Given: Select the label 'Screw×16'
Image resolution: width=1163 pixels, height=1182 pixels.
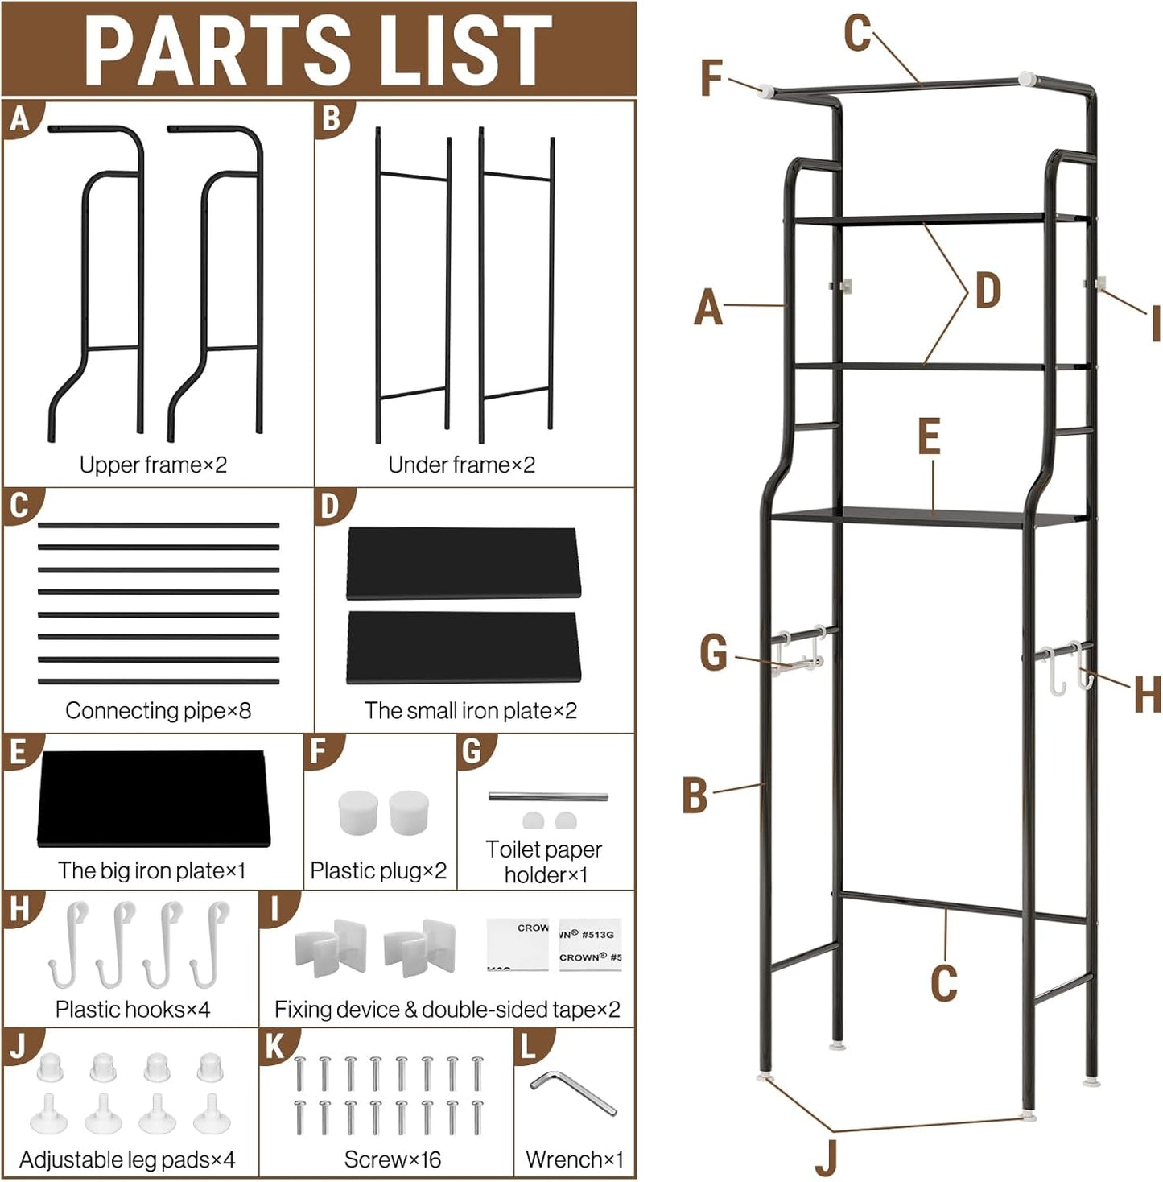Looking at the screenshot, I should click(392, 1159).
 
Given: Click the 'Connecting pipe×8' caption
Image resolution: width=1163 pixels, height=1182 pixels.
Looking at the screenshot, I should click(158, 710).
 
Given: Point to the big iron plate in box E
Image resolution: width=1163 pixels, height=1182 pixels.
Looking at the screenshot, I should click(153, 798).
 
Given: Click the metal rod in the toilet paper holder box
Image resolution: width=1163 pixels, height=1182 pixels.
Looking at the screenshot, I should click(547, 797).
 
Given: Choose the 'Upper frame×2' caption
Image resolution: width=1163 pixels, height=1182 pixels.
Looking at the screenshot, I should click(153, 465).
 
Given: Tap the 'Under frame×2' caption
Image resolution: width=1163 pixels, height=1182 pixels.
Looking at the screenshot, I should click(461, 465).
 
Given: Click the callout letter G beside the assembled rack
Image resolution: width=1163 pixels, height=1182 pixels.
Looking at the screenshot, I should click(713, 652).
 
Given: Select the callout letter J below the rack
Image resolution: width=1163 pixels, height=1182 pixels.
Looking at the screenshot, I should click(826, 1157).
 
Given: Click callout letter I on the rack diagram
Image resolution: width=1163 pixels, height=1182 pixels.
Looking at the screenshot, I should click(1154, 324).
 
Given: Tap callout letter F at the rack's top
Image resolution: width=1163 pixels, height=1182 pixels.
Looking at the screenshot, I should click(711, 79).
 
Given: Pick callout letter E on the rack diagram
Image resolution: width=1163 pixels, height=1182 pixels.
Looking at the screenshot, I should click(929, 438).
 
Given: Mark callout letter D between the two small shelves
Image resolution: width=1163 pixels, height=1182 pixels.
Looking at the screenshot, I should click(988, 291).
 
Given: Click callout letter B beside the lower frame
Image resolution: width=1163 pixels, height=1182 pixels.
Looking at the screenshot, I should click(695, 796).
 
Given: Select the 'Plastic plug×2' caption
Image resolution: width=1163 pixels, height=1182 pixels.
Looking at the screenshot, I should click(378, 870).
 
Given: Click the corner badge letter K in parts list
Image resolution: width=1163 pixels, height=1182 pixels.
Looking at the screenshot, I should click(274, 1046).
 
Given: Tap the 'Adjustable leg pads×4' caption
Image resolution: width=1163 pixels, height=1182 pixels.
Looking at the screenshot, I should click(127, 1159).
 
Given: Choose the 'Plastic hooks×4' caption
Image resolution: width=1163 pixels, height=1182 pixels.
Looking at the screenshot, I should click(133, 1009).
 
